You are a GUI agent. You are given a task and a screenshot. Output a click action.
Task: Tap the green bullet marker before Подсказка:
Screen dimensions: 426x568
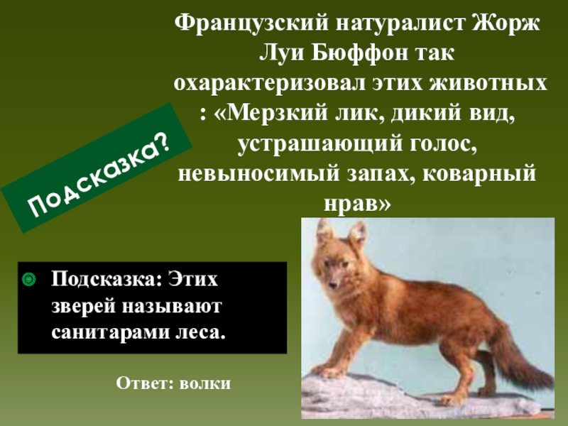[x=29, y=280]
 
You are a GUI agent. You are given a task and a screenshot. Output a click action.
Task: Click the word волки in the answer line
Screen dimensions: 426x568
[x=205, y=383]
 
